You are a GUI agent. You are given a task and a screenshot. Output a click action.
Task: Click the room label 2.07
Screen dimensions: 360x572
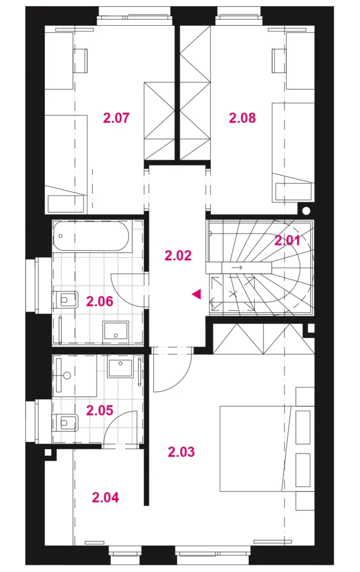116,118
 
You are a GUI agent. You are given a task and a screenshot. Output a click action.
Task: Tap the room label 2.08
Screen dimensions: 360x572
242,118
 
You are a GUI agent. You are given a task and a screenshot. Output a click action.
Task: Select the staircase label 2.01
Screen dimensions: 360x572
287,240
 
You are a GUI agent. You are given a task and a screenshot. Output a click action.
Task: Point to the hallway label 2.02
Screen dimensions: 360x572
178,255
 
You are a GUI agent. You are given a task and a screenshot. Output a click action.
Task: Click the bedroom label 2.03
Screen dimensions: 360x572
182,452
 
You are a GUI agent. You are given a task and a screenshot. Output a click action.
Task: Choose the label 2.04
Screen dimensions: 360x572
106,497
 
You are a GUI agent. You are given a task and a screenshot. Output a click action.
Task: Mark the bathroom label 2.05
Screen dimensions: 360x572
100,411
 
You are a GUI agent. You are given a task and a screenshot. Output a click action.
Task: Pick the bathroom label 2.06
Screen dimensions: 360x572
100,302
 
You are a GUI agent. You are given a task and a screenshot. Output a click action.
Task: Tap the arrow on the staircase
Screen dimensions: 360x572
237,268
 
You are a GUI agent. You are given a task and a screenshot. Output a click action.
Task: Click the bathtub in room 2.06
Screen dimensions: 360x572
91,237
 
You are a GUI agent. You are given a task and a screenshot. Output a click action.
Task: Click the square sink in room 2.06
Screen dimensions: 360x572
116,332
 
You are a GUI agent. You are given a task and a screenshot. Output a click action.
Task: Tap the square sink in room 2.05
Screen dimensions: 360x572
120,367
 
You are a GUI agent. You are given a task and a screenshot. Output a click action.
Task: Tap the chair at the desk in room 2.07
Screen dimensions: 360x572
80,60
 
